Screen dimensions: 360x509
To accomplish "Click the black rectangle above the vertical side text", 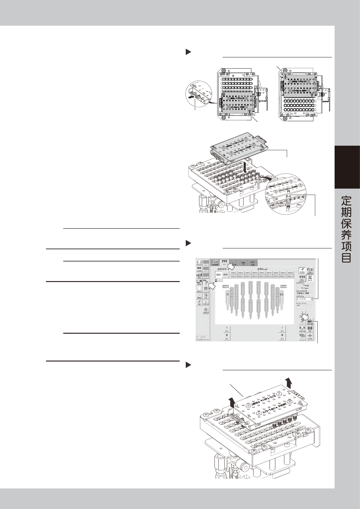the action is coord(347,167).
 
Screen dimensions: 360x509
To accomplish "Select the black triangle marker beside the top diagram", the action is coord(188,52).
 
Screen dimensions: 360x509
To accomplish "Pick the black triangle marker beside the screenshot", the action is coord(188,243).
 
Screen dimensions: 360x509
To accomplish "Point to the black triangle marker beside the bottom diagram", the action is coord(188,365).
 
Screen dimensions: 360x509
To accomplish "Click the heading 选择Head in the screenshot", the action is coord(263,269).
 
